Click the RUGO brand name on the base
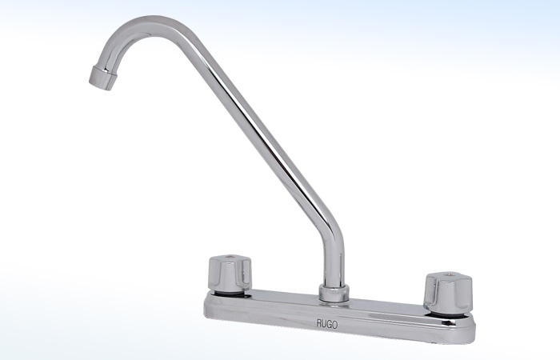326,324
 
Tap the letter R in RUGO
318,324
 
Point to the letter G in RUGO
330,324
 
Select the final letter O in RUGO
335,324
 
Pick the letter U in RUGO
324,324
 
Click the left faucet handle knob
230,274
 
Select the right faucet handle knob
447,292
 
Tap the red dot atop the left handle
230,257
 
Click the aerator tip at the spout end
102,78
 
